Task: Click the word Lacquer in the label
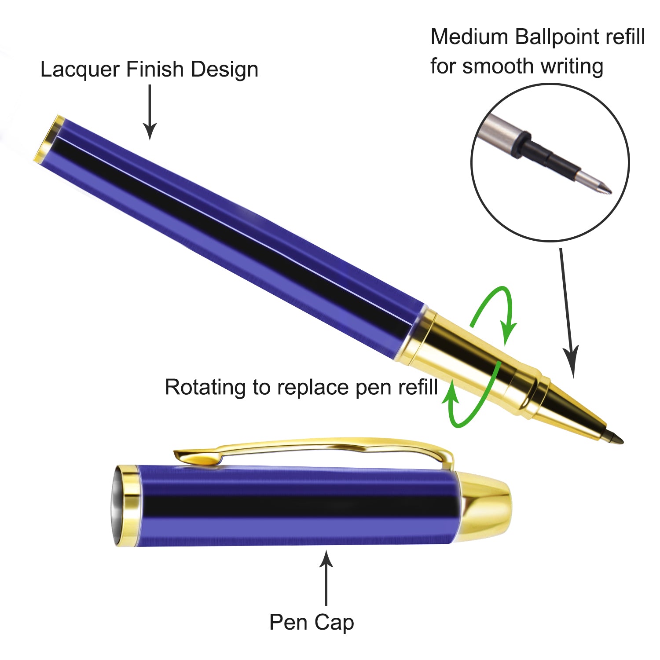(81, 70)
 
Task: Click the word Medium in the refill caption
(469, 37)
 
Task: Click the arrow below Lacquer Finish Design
(150, 112)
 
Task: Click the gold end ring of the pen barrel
(48, 139)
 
